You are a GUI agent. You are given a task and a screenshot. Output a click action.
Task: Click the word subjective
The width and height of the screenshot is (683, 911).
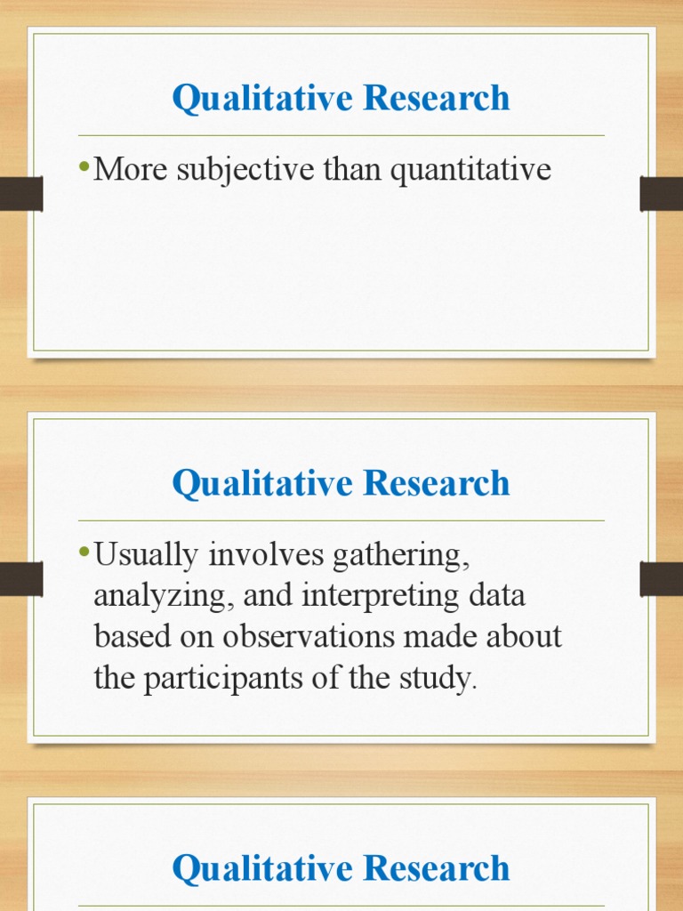click(233, 170)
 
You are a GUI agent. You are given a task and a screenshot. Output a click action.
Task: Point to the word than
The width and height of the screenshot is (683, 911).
click(351, 170)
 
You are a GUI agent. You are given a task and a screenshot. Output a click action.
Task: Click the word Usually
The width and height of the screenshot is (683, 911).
click(146, 556)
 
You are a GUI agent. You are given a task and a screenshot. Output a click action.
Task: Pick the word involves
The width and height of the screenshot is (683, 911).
click(269, 556)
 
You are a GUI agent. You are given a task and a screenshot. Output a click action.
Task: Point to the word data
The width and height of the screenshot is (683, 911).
click(494, 596)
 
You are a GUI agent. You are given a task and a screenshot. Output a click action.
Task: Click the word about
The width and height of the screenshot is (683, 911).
click(522, 638)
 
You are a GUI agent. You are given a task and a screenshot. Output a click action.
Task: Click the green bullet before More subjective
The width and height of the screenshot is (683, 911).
click(84, 168)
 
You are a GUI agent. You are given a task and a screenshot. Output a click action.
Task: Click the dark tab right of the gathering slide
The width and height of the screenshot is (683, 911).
click(661, 579)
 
